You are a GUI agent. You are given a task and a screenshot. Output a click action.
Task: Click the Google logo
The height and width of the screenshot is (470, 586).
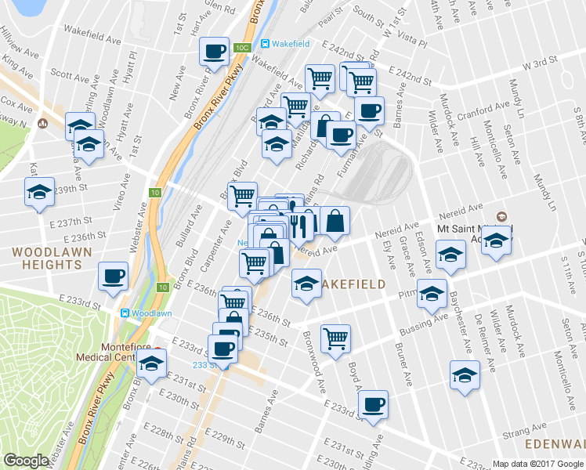tap(26, 461)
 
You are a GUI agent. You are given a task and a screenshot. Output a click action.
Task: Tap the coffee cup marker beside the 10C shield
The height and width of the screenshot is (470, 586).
tap(213, 52)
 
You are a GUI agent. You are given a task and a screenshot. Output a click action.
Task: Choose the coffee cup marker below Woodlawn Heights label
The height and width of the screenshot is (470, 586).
tap(114, 277)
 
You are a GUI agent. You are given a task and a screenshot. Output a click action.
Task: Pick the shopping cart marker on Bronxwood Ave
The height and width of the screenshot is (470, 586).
tap(335, 338)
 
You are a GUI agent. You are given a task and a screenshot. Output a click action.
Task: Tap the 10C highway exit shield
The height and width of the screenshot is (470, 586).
tap(241, 49)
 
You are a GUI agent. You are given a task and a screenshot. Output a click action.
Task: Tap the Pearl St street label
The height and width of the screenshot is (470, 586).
tap(331, 13)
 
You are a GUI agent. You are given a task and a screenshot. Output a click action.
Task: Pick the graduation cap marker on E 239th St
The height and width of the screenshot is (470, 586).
tap(39, 192)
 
